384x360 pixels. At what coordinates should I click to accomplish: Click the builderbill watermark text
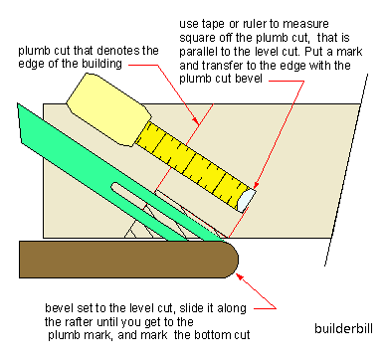343,328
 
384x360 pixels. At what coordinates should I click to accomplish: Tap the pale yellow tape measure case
107,109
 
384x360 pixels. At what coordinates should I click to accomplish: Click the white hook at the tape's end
246,200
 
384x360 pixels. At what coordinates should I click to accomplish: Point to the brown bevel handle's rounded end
232,260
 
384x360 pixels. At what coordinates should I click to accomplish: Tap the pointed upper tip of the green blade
18,104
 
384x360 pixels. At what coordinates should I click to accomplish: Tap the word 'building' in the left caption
101,64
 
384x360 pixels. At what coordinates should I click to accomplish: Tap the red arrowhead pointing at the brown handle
239,276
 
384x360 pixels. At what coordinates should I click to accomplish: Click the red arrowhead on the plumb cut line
197,120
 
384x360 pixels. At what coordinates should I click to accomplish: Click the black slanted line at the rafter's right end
346,170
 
